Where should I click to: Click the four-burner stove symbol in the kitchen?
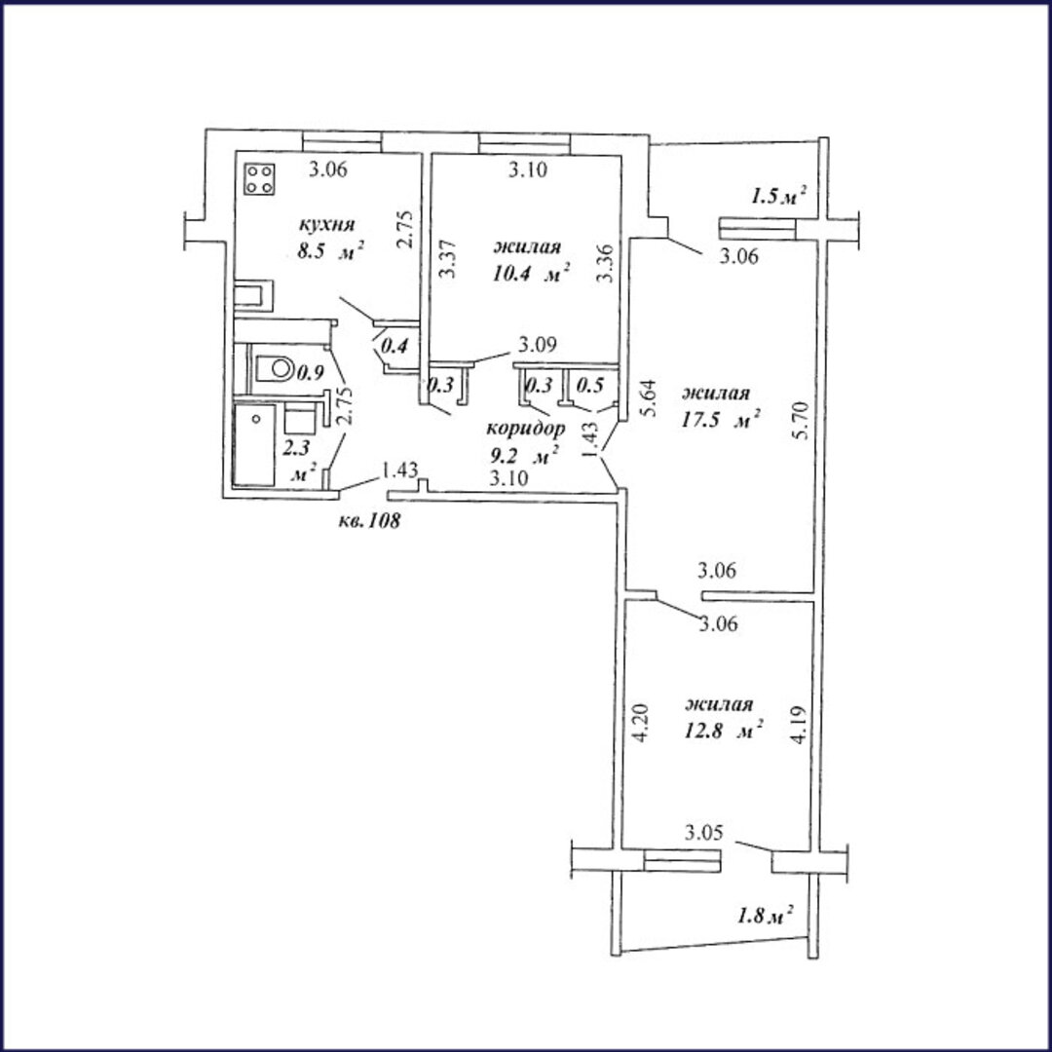point(260,179)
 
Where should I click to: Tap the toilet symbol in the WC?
point(275,368)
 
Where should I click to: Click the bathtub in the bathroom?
point(253,444)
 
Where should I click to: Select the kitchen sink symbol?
point(253,296)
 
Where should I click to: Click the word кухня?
point(325,224)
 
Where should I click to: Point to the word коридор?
point(525,429)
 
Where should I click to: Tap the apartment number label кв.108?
point(370,520)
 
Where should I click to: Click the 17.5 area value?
point(704,422)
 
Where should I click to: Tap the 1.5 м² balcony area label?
point(778,196)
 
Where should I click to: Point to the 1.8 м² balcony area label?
point(766,916)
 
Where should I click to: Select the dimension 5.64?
point(649,398)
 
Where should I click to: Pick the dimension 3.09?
point(537,346)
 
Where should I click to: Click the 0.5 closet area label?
point(589,387)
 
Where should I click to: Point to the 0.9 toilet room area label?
point(310,373)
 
